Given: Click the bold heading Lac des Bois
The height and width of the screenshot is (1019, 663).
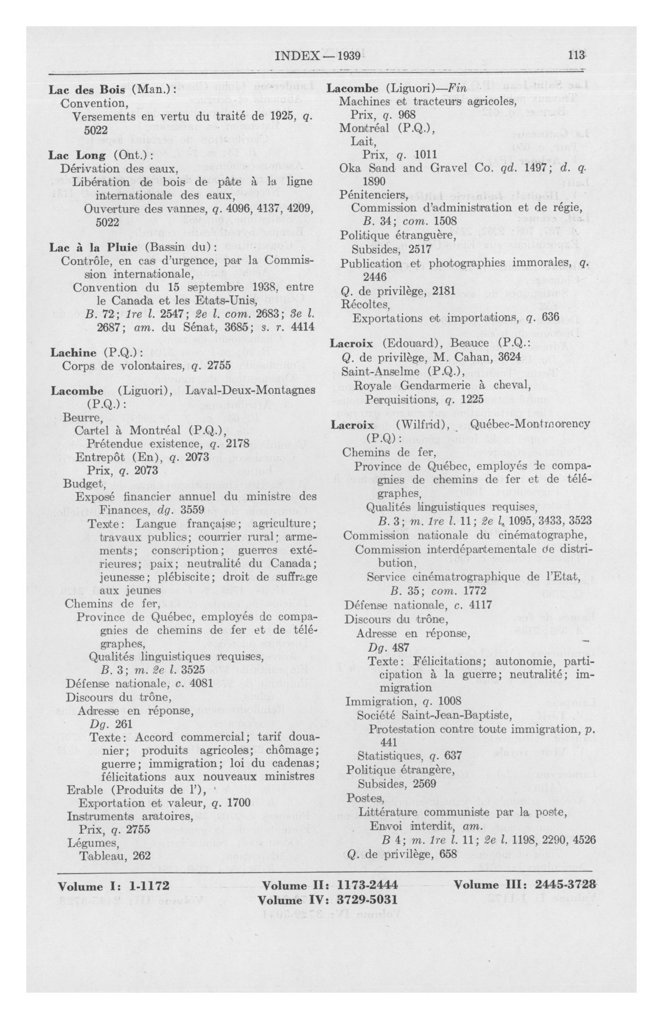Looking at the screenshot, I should click(x=87, y=90).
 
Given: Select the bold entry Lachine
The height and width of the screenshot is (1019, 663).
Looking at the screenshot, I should click(x=73, y=353).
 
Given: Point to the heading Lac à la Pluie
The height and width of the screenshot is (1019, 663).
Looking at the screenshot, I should click(x=93, y=247).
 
